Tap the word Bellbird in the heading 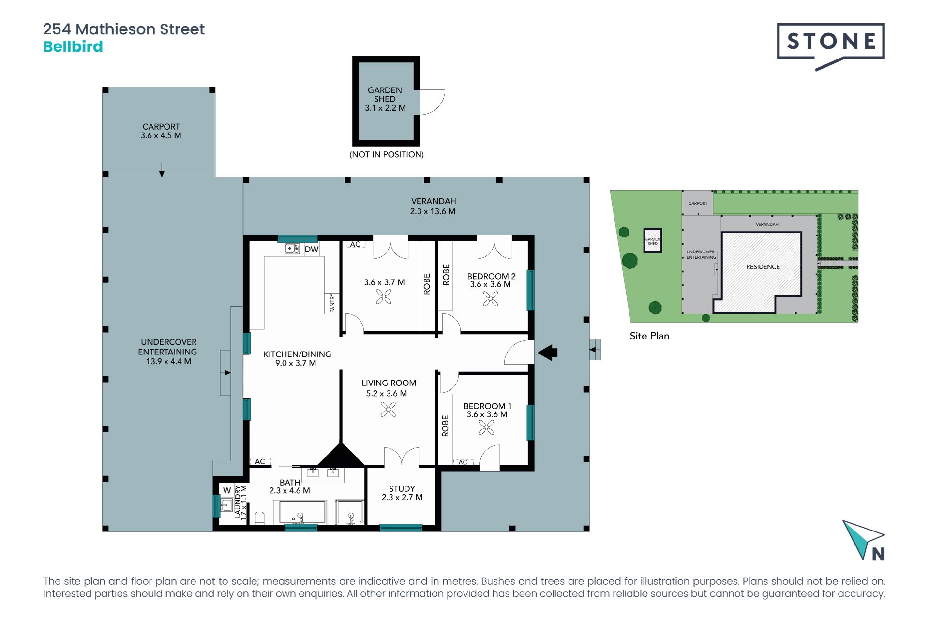click(73, 46)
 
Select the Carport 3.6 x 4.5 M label click(161, 131)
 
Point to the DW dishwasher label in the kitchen click(312, 249)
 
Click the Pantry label click(332, 303)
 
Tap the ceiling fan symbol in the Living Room click(388, 410)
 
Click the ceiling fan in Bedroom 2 click(490, 299)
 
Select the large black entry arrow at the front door click(548, 353)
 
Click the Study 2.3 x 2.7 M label click(402, 493)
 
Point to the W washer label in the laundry click(227, 490)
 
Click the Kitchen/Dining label click(297, 358)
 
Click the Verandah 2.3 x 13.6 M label click(433, 206)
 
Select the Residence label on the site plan click(763, 267)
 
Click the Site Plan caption click(649, 336)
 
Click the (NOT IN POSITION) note click(387, 155)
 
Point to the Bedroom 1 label click(487, 410)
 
